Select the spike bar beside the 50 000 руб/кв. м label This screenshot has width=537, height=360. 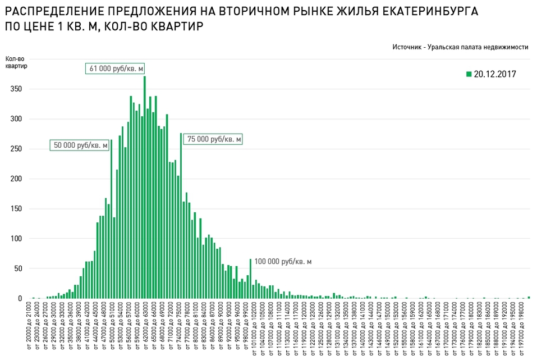point(111,219)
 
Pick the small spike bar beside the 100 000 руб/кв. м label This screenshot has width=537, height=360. point(250,279)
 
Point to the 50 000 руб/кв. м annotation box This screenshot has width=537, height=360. point(80,145)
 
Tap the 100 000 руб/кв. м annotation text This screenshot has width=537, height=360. point(283,262)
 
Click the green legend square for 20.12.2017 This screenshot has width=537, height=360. point(469,74)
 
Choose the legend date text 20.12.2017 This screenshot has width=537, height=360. point(494,74)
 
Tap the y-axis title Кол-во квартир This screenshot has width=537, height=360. point(16,62)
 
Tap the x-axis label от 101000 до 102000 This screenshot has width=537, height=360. point(254,330)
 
